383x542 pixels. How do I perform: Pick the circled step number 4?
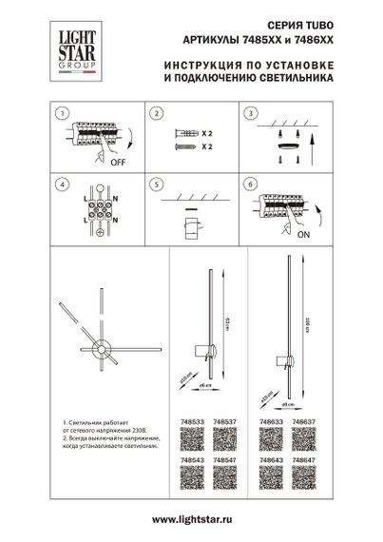coord(62,183)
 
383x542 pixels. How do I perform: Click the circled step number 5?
coord(153,183)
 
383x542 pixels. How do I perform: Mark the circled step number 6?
coord(250,183)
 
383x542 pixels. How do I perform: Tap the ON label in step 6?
coord(303,233)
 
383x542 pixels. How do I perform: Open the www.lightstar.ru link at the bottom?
coord(191,521)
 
